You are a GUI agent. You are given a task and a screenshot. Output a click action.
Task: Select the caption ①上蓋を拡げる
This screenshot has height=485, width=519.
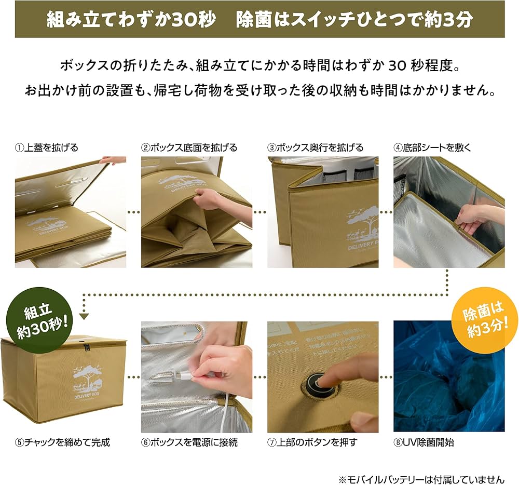coord(46,147)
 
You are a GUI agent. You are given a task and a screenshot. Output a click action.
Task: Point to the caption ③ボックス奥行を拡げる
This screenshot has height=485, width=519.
coord(316,147)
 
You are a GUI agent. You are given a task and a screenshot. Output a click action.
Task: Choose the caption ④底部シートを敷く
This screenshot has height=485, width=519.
coord(432,147)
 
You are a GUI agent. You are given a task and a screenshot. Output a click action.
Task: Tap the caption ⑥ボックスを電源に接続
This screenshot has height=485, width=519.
coord(189,443)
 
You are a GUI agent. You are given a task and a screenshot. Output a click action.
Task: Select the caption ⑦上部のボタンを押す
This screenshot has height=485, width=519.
coord(312,443)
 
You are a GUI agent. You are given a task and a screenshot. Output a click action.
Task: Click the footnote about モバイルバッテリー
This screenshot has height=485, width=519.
coord(421,479)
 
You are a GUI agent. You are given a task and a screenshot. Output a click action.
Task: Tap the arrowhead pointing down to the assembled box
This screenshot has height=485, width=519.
coord(84,316)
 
